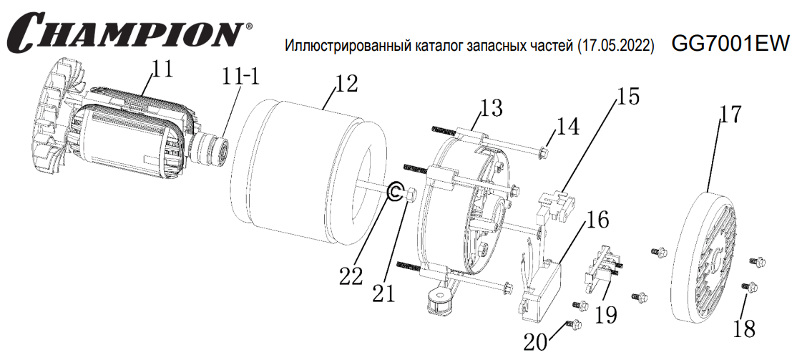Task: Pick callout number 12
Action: click(346, 84)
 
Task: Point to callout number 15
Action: click(627, 97)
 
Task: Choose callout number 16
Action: click(597, 220)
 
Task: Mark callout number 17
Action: click(730, 115)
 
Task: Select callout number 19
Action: click(605, 315)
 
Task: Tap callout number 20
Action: click(536, 342)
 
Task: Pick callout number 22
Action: click(351, 276)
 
